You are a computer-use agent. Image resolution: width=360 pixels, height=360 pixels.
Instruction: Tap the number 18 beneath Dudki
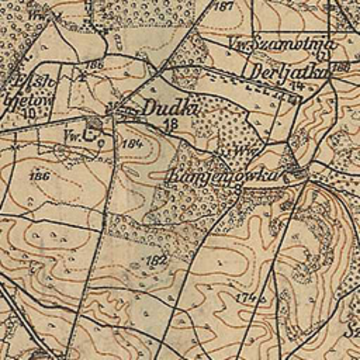click(170, 123)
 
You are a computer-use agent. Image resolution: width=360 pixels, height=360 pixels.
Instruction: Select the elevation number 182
click(157, 261)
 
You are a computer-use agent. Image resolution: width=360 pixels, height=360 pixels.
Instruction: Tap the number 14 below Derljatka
click(298, 85)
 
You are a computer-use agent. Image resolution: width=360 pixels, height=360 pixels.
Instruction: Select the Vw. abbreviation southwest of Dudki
click(70, 136)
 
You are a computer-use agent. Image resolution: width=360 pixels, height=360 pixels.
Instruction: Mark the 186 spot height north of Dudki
click(97, 65)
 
